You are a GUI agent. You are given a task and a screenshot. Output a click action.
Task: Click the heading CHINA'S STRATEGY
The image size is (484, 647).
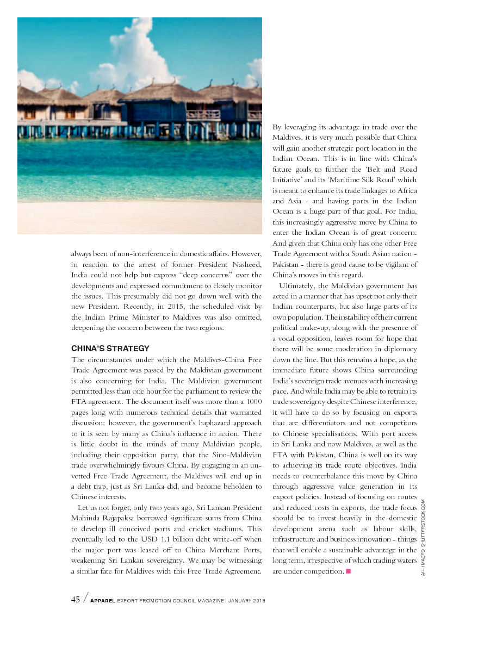pyautogui.click(x=110, y=349)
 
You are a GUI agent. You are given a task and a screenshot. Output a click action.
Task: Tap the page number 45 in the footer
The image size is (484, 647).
pyautogui.click(x=76, y=599)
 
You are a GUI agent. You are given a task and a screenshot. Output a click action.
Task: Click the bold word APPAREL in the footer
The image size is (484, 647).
pyautogui.click(x=102, y=601)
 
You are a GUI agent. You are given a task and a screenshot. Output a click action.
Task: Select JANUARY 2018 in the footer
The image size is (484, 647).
pyautogui.click(x=243, y=601)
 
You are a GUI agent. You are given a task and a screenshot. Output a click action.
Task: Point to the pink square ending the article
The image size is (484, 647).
pyautogui.click(x=348, y=571)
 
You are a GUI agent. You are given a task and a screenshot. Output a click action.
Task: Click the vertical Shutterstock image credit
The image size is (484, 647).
pyautogui.click(x=423, y=537)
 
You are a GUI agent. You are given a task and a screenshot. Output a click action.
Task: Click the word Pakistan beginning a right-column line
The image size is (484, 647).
pyautogui.click(x=287, y=264)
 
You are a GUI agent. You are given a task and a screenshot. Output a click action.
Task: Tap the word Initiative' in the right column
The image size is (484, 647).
pyautogui.click(x=287, y=179)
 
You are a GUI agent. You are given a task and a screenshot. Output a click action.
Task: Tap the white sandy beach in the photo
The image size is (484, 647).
pyautogui.click(x=139, y=217)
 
